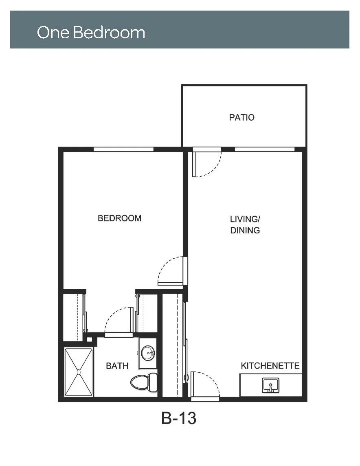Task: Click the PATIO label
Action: pos(241,117)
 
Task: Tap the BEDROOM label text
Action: pos(119,218)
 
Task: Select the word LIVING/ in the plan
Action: pos(245,219)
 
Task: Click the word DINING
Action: pos(245,230)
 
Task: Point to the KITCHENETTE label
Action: pos(270,365)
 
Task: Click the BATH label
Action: pos(117,366)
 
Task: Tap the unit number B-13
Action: pos(179,418)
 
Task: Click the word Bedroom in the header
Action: pos(109,32)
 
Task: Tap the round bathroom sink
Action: pos(147,353)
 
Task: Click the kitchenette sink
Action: pos(270,385)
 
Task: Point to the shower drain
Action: pos(79,372)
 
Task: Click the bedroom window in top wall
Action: pos(123,149)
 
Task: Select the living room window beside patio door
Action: pos(265,149)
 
